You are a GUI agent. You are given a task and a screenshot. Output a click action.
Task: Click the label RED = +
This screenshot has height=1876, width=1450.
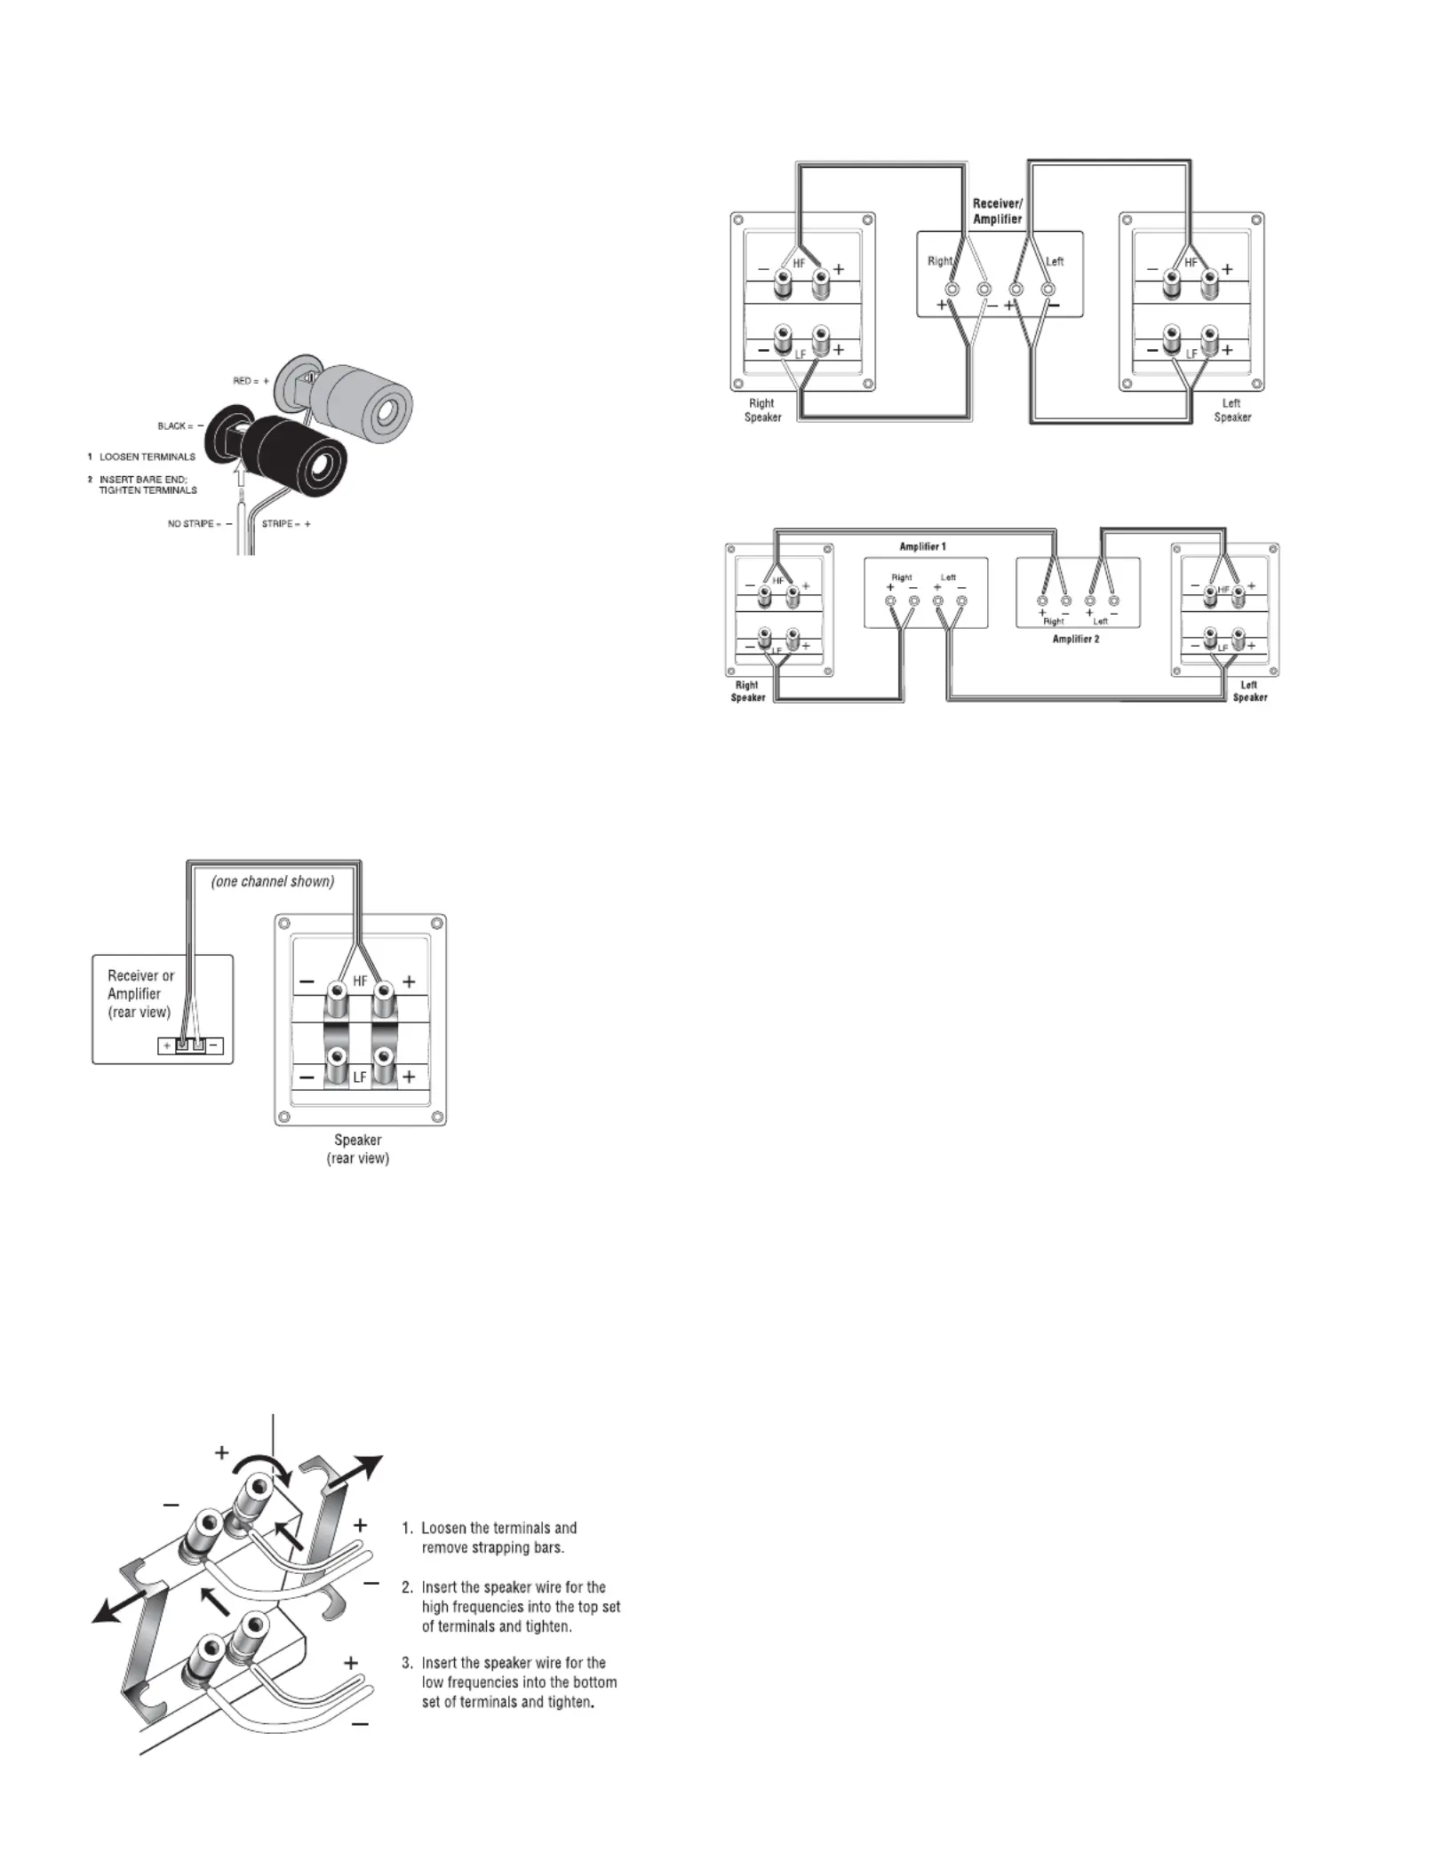251,381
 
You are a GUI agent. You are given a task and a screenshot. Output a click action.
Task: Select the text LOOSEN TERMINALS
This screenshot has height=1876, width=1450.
147,457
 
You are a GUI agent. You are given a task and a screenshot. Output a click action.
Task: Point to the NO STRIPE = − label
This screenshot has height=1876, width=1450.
200,524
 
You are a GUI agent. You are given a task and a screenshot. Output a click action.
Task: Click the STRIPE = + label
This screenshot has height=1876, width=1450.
286,524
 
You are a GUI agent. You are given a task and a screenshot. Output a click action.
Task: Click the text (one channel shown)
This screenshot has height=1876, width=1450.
273,882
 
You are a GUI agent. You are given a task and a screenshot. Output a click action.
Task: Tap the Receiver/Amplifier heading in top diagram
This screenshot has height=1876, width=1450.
997,211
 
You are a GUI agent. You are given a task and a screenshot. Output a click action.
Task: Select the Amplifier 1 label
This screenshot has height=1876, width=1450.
922,546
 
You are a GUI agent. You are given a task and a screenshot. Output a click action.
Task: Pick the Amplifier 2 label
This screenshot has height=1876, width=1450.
1076,639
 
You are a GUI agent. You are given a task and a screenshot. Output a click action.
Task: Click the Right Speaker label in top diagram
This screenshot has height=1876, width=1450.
762,410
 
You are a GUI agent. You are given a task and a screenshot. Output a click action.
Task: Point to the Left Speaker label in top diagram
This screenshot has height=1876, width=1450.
1232,410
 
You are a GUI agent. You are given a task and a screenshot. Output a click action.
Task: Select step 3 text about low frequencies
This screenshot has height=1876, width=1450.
509,1682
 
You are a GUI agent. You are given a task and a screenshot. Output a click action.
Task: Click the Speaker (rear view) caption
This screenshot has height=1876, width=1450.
358,1149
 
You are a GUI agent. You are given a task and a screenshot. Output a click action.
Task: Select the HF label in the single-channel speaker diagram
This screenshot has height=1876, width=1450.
360,982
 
